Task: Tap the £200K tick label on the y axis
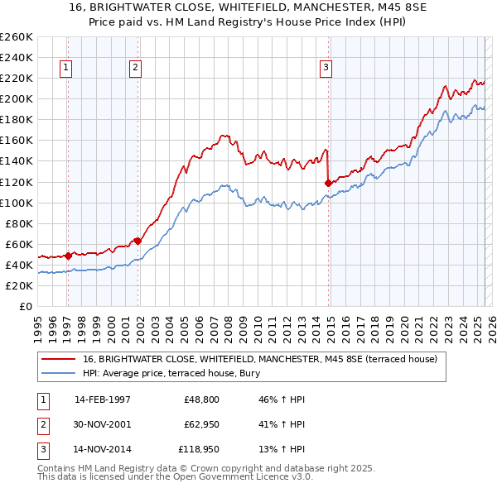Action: click(x=17, y=98)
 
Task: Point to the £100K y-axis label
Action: click(x=17, y=203)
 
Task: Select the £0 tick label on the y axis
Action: click(x=26, y=306)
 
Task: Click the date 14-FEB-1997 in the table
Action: click(x=103, y=399)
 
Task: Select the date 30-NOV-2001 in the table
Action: click(x=103, y=425)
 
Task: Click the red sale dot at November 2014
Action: click(x=329, y=182)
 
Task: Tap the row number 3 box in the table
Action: click(x=42, y=451)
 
